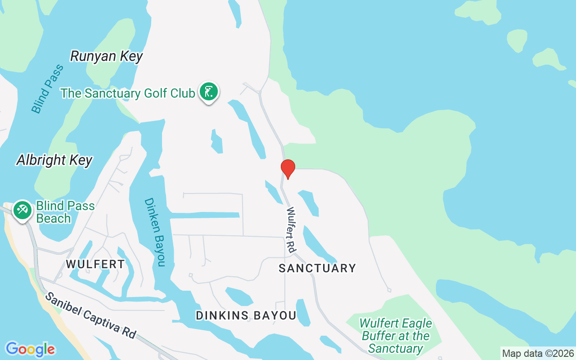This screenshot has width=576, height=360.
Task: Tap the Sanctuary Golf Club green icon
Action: tap(208, 92)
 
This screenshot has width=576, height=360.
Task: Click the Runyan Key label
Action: tap(107, 56)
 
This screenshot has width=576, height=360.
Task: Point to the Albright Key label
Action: tap(54, 160)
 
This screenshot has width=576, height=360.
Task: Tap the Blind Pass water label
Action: tap(47, 89)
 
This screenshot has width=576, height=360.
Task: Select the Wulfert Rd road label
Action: tap(291, 229)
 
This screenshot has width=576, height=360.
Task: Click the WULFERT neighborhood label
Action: tap(95, 264)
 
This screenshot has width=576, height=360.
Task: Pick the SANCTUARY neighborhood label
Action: tap(317, 269)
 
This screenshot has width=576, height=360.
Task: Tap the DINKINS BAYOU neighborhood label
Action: tap(246, 316)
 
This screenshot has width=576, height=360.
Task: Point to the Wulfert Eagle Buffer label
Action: tap(396, 336)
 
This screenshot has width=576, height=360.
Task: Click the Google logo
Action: tap(30, 349)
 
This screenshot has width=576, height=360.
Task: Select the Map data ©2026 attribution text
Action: tap(538, 353)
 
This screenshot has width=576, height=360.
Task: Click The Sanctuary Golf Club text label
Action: tap(128, 93)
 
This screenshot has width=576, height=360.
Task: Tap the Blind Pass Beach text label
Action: tap(65, 212)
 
